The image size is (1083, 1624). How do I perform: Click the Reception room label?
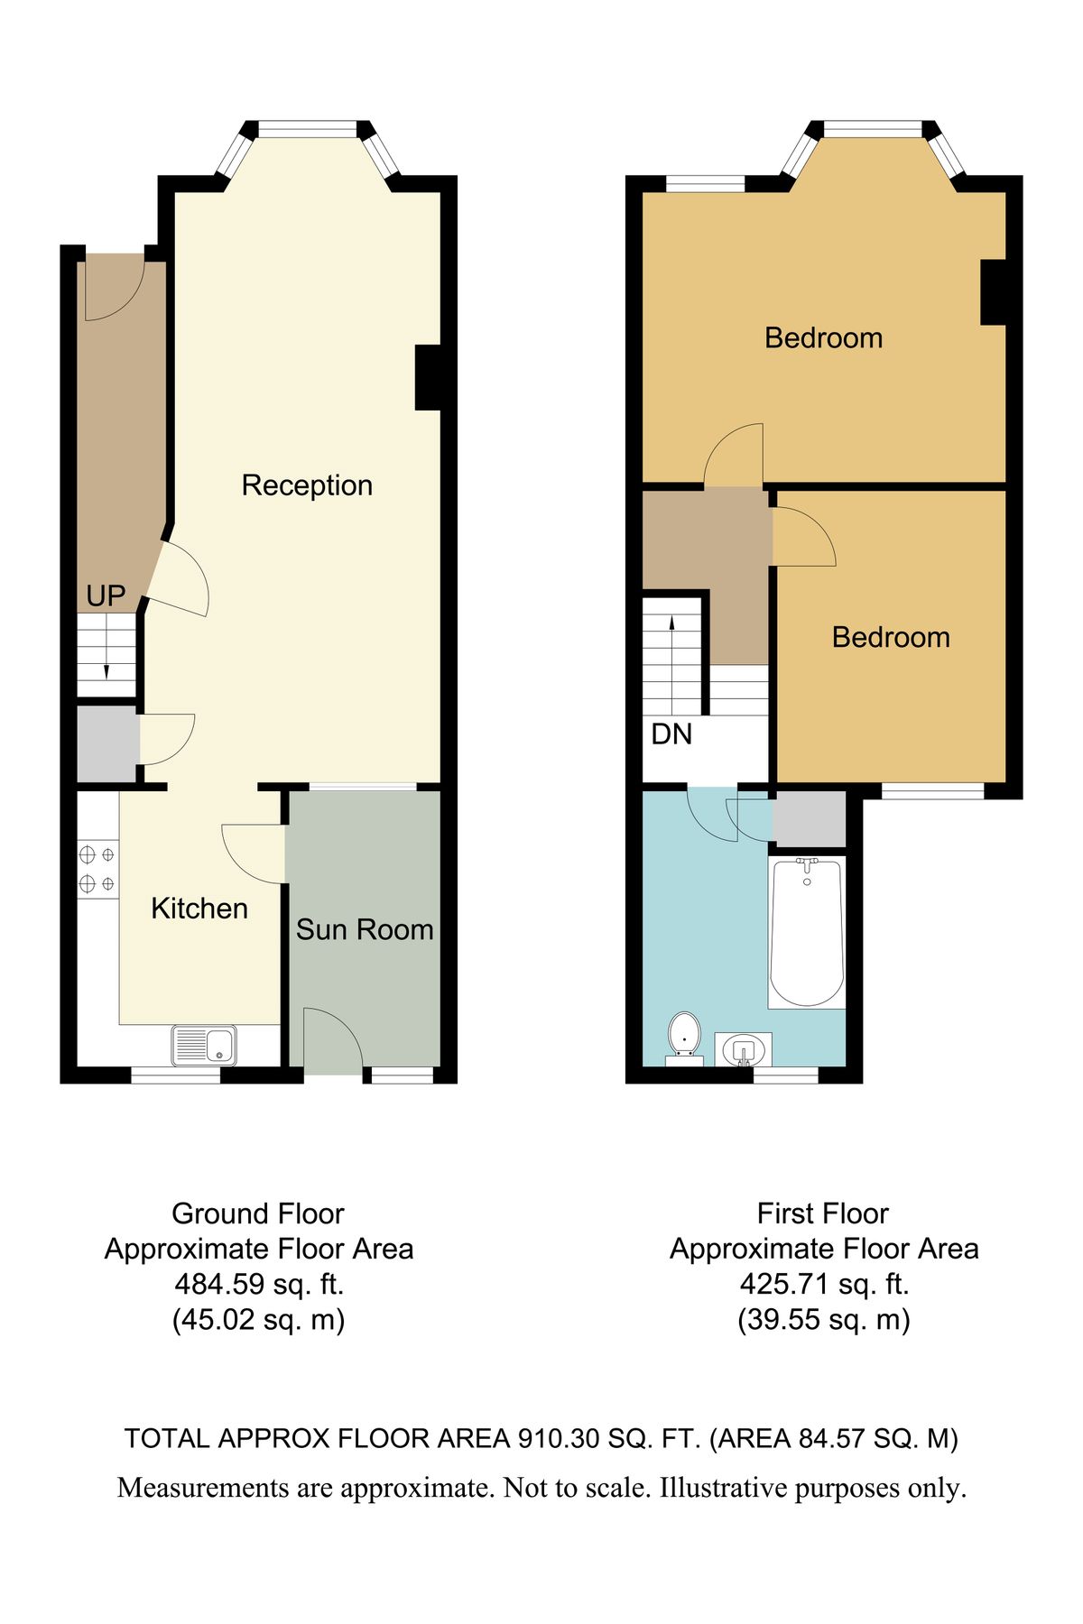pos(307,485)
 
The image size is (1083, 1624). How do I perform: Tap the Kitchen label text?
pos(199,908)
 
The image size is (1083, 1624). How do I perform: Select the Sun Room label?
pos(365,929)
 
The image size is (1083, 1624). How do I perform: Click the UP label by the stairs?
pos(106,595)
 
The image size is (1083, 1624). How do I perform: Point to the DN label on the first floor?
pos(671,734)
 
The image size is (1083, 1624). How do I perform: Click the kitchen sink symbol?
pos(205,1046)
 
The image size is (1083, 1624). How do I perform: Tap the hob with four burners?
pos(97,869)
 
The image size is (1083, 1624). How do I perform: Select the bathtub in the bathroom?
pos(807,932)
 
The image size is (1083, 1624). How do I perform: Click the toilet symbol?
pos(685,1035)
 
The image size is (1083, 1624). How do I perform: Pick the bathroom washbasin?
pos(744,1049)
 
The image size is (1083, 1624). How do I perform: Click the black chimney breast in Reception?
pos(428,377)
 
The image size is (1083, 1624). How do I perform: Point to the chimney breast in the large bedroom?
pos(993,292)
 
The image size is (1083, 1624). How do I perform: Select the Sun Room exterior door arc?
pos(332,1039)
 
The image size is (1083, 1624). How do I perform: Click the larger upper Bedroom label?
pos(823,338)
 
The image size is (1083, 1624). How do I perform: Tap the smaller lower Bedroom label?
pos(891,638)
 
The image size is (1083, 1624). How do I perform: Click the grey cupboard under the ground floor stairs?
pos(106,745)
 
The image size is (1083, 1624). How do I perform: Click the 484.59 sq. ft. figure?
pos(259,1284)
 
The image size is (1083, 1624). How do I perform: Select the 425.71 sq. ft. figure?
pos(824,1284)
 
